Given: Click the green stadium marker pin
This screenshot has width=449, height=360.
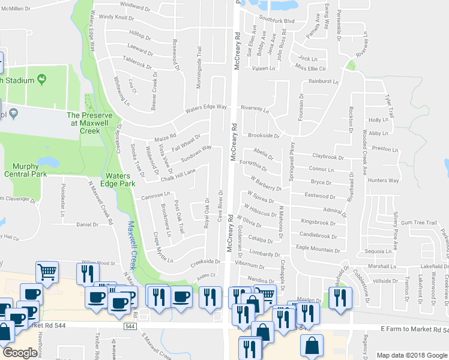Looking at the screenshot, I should [41, 79].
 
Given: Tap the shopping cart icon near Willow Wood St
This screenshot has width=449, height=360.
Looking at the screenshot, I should [47, 272].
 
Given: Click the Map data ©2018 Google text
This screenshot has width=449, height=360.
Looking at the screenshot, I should [412, 355].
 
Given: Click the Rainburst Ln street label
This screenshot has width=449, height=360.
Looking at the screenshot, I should [324, 81].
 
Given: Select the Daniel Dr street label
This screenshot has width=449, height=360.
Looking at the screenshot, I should [87, 224].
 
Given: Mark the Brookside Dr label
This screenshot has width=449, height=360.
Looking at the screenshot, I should [264, 136].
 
